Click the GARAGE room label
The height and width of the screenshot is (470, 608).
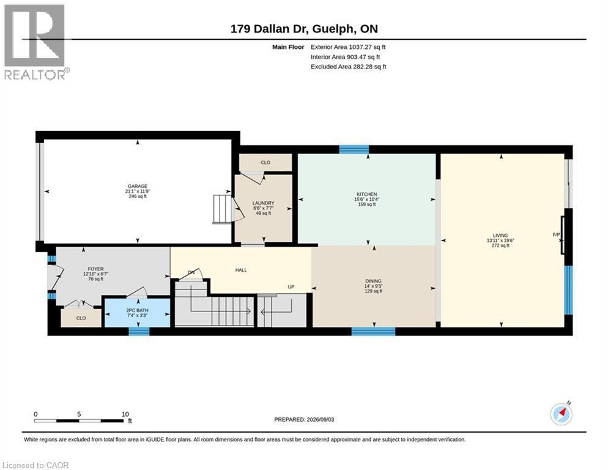pyautogui.click(x=137, y=186)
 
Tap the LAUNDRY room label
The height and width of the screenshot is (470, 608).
pyautogui.click(x=263, y=203)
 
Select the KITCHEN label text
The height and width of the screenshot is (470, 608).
pyautogui.click(x=367, y=194)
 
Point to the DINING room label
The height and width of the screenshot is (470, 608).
pyautogui.click(x=373, y=281)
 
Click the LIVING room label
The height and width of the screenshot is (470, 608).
pyautogui.click(x=500, y=236)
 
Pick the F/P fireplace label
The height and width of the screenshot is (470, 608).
pyautogui.click(x=557, y=235)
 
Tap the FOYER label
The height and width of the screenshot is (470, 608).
pyautogui.click(x=96, y=269)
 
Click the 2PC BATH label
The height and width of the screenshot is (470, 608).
pyautogui.click(x=137, y=310)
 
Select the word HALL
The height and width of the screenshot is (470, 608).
pyautogui.click(x=241, y=270)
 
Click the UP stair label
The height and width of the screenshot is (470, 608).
pyautogui.click(x=291, y=287)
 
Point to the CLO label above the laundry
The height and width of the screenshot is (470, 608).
pyautogui.click(x=265, y=163)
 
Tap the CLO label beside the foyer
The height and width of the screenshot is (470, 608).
pyautogui.click(x=81, y=318)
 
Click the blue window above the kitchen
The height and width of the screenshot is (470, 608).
pyautogui.click(x=354, y=149)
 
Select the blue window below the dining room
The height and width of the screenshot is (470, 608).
pyautogui.click(x=373, y=332)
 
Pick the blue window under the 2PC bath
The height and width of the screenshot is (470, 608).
pyautogui.click(x=139, y=332)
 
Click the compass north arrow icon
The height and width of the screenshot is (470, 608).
pyautogui.click(x=561, y=414)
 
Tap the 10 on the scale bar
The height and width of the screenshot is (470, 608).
pyautogui.click(x=125, y=414)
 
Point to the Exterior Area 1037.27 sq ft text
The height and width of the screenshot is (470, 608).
pyautogui.click(x=348, y=47)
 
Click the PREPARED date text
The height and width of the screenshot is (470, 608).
pyautogui.click(x=304, y=420)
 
